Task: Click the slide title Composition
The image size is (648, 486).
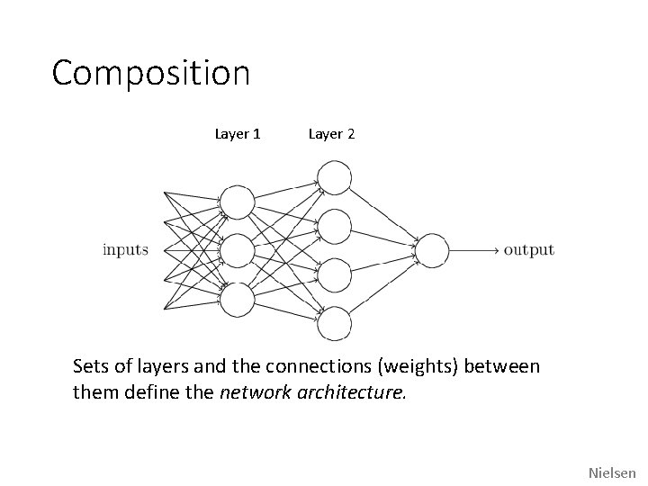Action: point(150,74)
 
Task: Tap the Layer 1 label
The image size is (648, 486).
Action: point(238,134)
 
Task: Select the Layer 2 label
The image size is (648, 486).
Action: point(331,134)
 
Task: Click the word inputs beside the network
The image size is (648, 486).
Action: point(125,249)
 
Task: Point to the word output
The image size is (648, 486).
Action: point(528,249)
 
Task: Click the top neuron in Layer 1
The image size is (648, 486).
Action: point(238,201)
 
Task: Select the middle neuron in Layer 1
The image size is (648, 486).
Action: point(238,250)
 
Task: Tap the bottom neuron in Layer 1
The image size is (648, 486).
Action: point(238,300)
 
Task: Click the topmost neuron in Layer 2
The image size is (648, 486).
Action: point(334,176)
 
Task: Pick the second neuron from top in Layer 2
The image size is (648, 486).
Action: point(334,226)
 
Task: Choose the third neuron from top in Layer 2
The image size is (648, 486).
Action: point(334,275)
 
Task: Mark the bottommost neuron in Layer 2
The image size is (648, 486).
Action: point(334,324)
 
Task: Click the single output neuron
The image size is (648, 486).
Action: point(431,250)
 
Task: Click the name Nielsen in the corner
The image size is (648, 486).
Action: point(612,472)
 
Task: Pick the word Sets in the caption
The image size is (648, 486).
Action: point(90,366)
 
